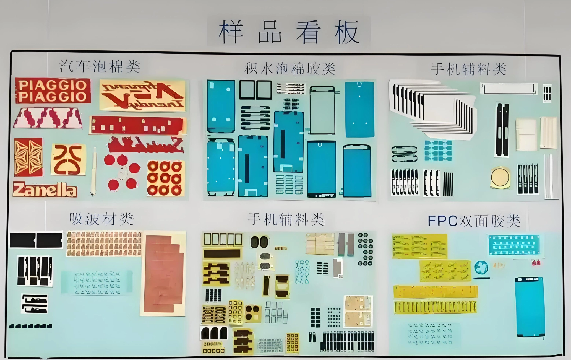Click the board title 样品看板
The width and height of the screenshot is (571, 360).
coord(289,32)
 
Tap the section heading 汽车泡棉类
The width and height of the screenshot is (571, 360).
coord(100,66)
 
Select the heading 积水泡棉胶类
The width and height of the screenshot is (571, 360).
coord(290,69)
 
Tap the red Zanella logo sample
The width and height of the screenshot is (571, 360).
coord(45,190)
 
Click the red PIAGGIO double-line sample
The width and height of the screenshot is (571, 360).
coord(53,91)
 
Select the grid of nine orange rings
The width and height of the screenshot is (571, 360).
coord(165,178)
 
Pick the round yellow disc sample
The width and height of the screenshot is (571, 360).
coord(500,177)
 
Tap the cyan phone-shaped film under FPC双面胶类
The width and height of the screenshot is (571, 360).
coord(530,307)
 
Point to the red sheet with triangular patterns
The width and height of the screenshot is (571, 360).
coord(28,157)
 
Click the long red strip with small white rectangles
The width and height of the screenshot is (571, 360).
coord(137,126)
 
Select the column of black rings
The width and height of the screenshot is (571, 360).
coord(366,249)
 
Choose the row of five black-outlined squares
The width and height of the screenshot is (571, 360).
coord(223,239)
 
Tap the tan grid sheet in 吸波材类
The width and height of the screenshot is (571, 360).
coord(104,244)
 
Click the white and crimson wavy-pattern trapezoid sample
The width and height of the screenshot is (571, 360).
coord(48,118)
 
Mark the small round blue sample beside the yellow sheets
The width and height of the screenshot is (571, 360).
coord(481,267)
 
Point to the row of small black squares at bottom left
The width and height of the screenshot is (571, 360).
coord(30,326)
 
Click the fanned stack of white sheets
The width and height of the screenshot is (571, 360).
coord(433,109)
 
